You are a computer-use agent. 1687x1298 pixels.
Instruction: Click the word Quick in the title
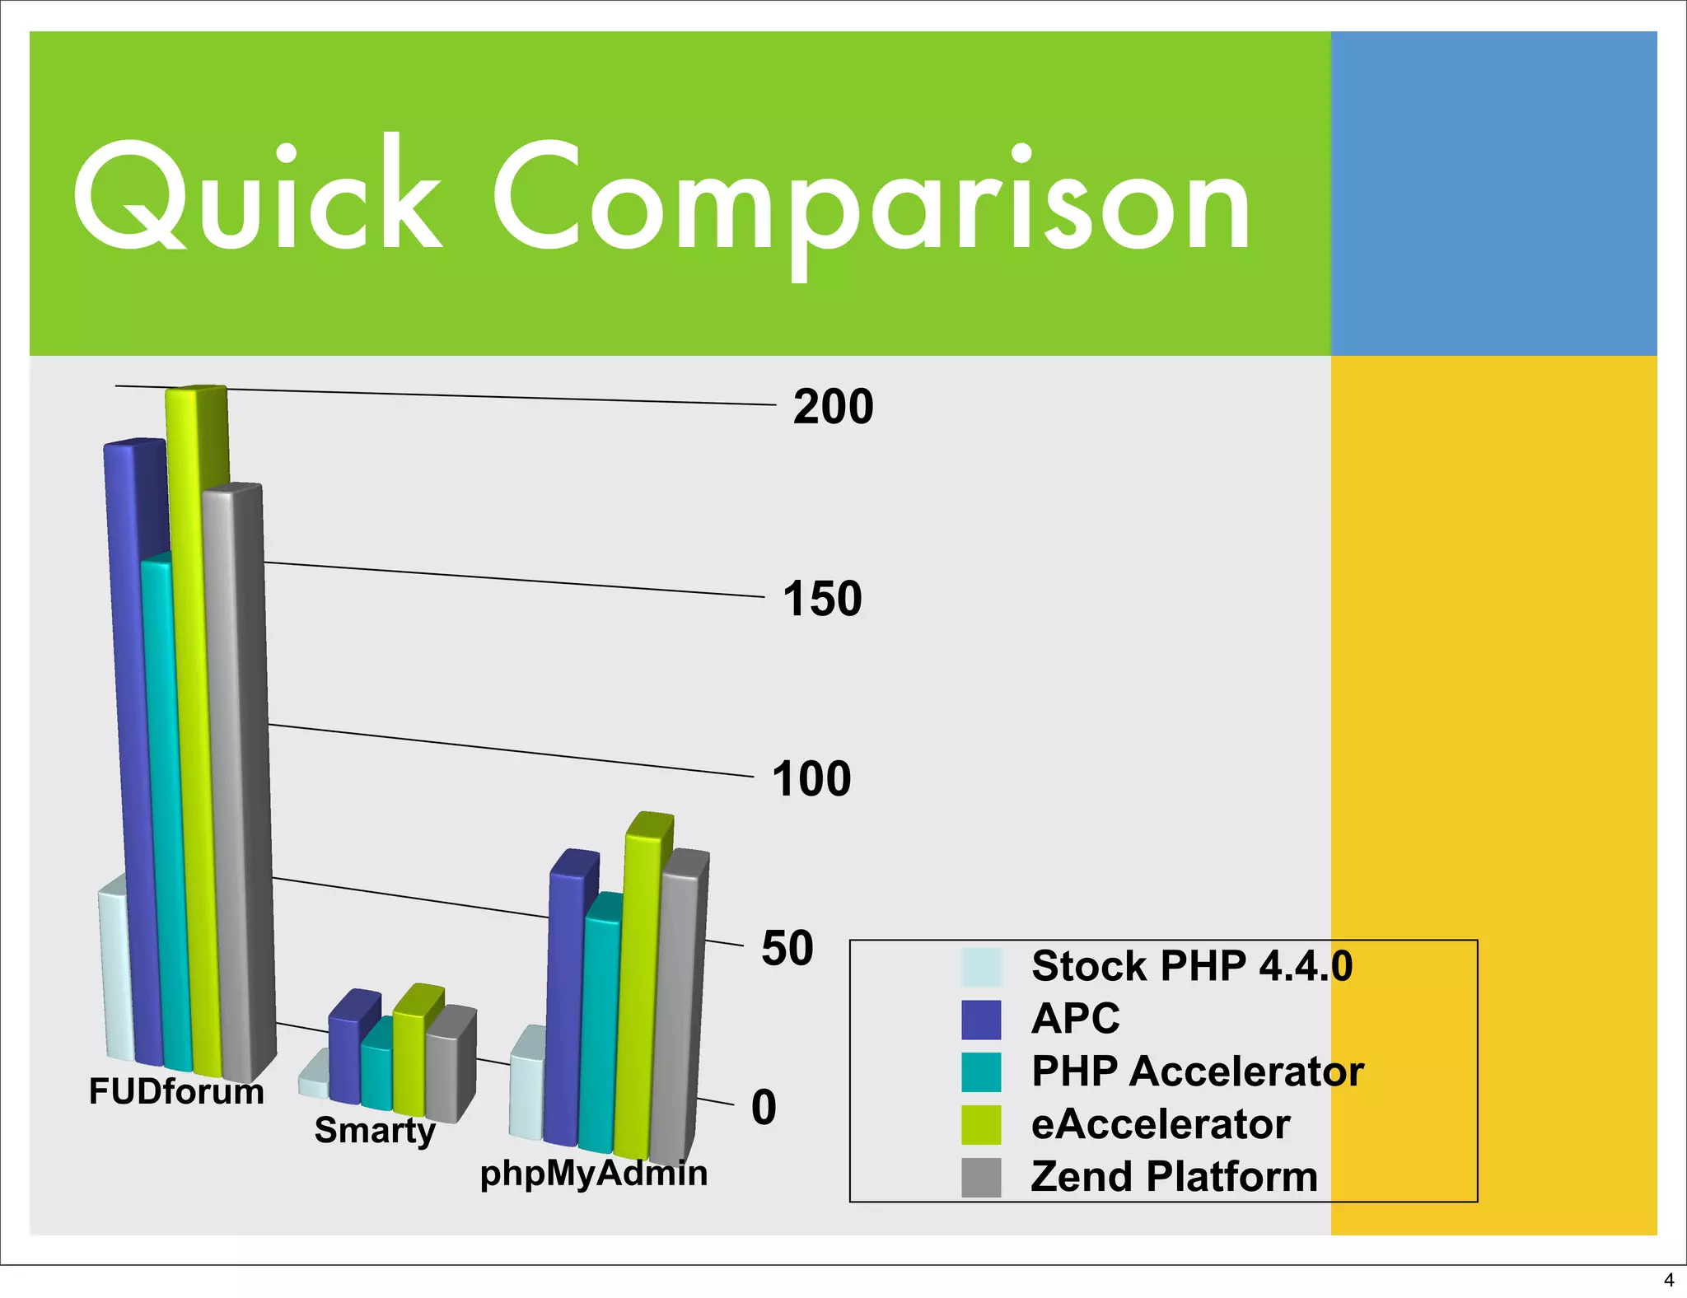(257, 198)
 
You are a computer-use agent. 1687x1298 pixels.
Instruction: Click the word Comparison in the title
(872, 202)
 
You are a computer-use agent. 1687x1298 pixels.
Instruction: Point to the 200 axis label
(833, 407)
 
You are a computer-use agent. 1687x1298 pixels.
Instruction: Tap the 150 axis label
(822, 599)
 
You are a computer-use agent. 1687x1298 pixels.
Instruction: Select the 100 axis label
(811, 779)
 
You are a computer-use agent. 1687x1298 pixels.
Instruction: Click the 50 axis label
(787, 948)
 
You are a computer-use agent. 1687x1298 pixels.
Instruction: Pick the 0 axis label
(764, 1107)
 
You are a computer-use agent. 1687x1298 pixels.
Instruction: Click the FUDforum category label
(176, 1092)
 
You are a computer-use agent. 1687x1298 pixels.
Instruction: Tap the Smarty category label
(375, 1130)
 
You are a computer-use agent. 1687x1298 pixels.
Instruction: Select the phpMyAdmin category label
(593, 1173)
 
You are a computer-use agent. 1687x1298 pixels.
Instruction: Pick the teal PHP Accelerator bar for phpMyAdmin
(599, 1030)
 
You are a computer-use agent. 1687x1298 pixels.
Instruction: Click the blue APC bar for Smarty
(344, 1058)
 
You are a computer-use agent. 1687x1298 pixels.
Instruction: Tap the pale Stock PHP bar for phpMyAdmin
(526, 1095)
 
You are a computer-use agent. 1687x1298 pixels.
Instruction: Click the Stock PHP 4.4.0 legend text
(1191, 966)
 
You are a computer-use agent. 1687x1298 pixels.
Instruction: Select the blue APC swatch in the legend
(981, 1020)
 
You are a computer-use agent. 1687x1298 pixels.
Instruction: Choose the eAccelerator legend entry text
(1160, 1125)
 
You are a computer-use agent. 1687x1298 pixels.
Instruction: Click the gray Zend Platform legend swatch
(981, 1178)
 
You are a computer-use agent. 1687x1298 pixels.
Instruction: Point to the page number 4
(1669, 1280)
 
